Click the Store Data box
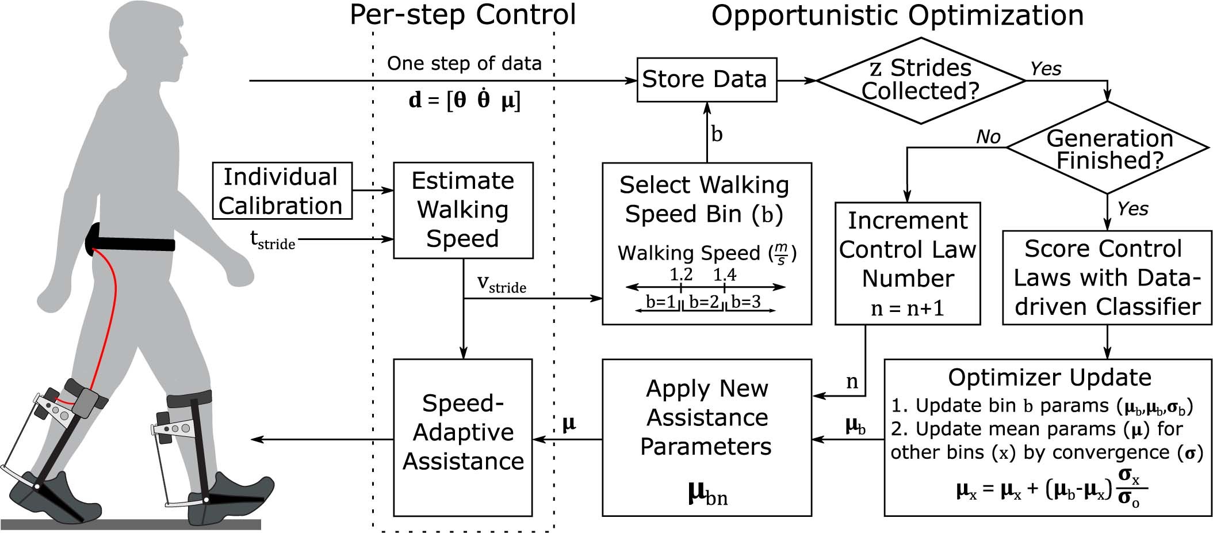coord(706,79)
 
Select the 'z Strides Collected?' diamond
coord(920,81)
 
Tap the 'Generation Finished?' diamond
coord(1108,149)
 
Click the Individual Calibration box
coord(282,191)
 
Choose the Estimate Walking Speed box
coord(463,210)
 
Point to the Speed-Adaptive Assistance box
coord(463,437)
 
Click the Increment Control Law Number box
coord(907,263)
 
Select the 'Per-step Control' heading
coord(462,15)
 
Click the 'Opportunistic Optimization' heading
coord(897,15)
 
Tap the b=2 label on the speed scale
coord(704,302)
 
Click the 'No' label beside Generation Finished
coord(988,137)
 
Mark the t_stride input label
coord(272,239)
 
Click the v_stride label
coord(501,284)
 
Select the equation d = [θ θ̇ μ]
coord(464,100)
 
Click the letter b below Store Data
coord(717,134)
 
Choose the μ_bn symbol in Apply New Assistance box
coord(707,494)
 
